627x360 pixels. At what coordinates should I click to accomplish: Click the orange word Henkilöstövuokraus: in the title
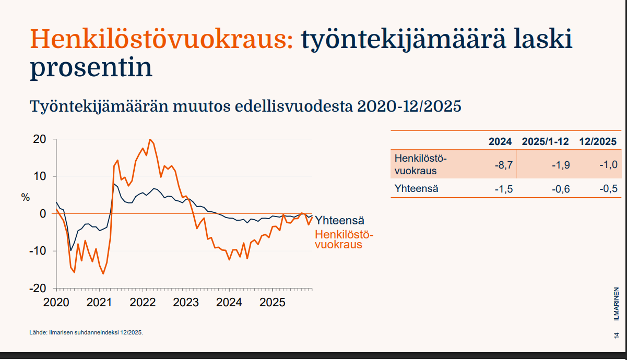pyautogui.click(x=161, y=39)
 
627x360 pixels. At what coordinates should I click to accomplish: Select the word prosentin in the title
pyautogui.click(x=91, y=68)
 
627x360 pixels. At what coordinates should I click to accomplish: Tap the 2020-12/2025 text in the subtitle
pyautogui.click(x=409, y=106)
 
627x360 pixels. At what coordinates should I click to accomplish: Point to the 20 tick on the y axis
pyautogui.click(x=40, y=139)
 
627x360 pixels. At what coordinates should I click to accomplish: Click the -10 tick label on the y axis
pyautogui.click(x=38, y=251)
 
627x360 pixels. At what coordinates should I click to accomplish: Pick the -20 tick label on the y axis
pyautogui.click(x=38, y=288)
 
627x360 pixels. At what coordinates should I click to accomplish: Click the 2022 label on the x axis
pyautogui.click(x=143, y=303)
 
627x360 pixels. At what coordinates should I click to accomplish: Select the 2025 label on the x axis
pyautogui.click(x=273, y=303)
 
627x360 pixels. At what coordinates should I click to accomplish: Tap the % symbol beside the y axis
pyautogui.click(x=26, y=198)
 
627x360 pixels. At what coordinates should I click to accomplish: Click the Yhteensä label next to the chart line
pyautogui.click(x=339, y=220)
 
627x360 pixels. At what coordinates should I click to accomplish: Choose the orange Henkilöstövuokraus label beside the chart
pyautogui.click(x=344, y=239)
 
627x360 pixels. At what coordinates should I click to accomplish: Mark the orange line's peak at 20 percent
pyautogui.click(x=150, y=139)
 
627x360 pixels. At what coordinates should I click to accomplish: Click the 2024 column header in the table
pyautogui.click(x=500, y=142)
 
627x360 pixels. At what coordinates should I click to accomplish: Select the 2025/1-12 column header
pyautogui.click(x=545, y=142)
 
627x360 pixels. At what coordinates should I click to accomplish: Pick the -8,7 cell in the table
pyautogui.click(x=504, y=165)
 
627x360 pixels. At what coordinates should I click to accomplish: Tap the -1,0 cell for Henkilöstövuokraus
pyautogui.click(x=609, y=164)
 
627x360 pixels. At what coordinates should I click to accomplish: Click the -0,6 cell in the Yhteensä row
pyautogui.click(x=561, y=189)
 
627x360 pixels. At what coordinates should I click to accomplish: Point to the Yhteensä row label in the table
pyautogui.click(x=416, y=188)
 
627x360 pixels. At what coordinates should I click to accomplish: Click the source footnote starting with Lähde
pyautogui.click(x=86, y=332)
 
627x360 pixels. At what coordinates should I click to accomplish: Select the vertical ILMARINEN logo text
pyautogui.click(x=617, y=304)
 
